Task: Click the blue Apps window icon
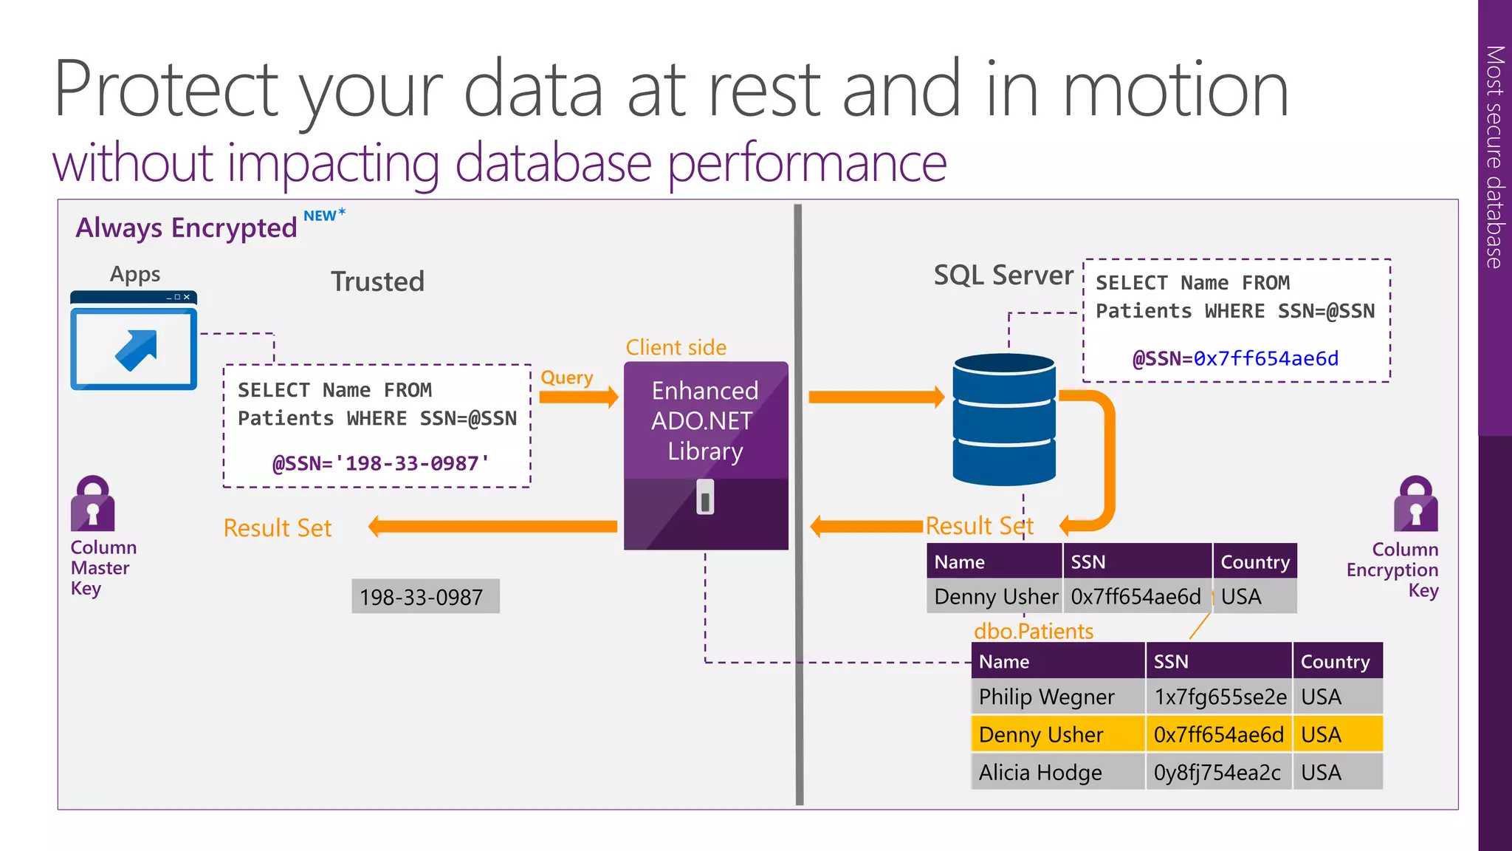coord(134,341)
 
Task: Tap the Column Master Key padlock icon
coord(93,505)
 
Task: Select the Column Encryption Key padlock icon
coord(1415,505)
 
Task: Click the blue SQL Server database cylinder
coord(1004,419)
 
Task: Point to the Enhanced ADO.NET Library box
coord(706,455)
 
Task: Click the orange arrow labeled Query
coord(578,397)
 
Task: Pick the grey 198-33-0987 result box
coord(425,596)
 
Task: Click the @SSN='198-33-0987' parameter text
coord(381,464)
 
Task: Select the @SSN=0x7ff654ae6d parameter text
coord(1235,359)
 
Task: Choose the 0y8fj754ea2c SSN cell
coord(1218,773)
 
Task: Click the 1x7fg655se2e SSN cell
coord(1220,697)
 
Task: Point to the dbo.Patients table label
coord(1034,631)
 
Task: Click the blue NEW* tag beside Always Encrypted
coord(323,215)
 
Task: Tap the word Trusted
coord(377,281)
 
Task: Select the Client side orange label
coord(676,347)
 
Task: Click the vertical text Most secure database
coord(1494,157)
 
